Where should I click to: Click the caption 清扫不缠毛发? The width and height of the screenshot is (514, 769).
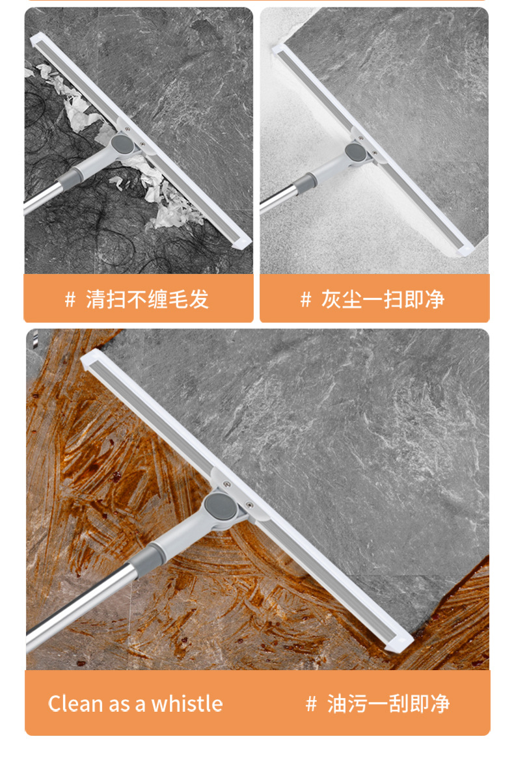point(147,299)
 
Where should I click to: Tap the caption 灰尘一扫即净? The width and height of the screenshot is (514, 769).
point(383,299)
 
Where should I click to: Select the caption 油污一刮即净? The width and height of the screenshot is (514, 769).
point(388,703)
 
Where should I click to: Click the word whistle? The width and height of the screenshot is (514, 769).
point(187,703)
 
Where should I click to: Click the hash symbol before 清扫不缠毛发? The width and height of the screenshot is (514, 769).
point(70,299)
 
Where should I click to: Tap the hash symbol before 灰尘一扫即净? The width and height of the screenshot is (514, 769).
point(306,299)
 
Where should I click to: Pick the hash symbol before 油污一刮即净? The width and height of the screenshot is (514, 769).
point(311,703)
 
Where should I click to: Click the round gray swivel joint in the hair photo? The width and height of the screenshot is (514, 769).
point(121,144)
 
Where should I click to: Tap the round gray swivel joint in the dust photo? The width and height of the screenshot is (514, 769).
point(355,152)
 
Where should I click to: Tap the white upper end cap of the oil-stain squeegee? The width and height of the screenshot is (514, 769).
point(92,358)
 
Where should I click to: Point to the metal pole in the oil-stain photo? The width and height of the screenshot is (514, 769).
point(78,608)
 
